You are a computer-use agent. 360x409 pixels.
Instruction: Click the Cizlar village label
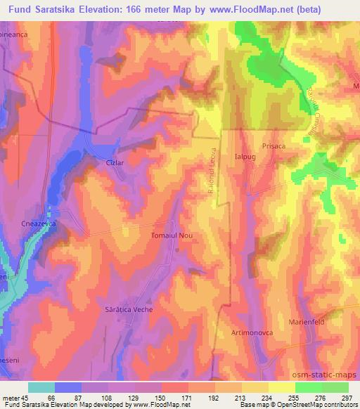114,162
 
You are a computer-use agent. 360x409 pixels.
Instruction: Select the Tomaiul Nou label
172,236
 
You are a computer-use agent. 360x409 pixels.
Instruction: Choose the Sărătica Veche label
129,309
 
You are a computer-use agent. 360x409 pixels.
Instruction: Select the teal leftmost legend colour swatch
41,387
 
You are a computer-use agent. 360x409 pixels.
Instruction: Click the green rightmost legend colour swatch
335,387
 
